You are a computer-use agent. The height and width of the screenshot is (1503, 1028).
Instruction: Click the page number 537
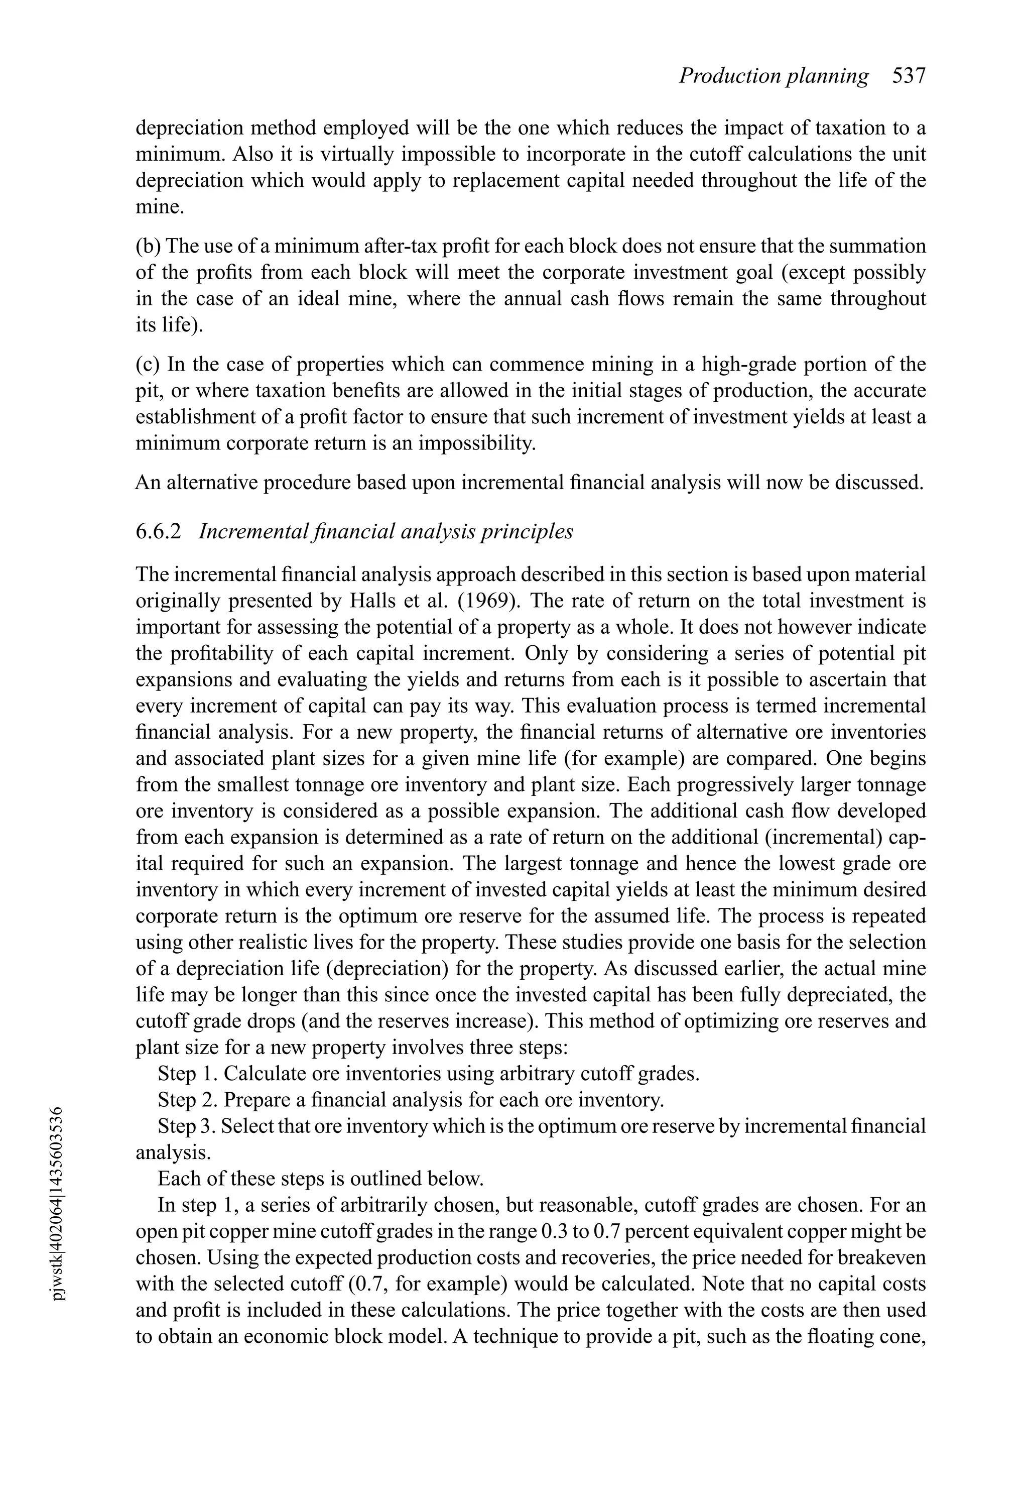(x=909, y=76)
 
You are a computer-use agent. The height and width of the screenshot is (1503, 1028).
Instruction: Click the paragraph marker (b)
(x=148, y=247)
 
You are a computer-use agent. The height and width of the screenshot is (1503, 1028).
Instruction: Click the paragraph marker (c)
(x=148, y=365)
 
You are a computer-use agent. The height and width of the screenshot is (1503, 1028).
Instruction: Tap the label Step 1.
(x=188, y=1074)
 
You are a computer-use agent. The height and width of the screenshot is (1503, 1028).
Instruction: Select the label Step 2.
(x=188, y=1101)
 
